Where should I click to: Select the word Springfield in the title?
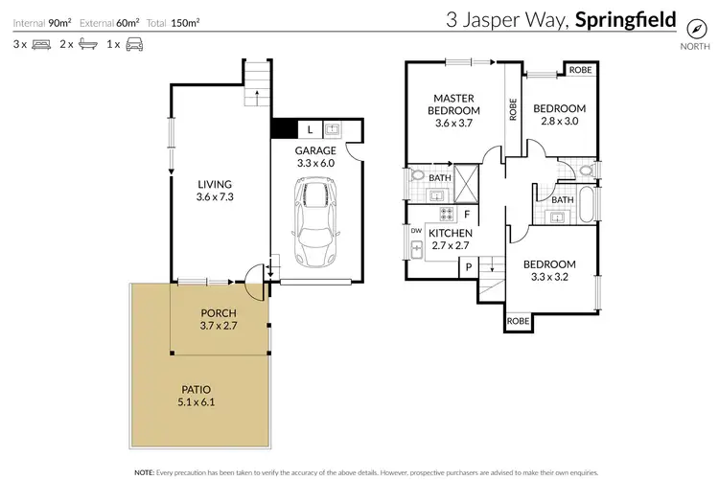[x=626, y=19]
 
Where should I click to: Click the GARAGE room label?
[x=315, y=150]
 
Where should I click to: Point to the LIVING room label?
[x=215, y=185]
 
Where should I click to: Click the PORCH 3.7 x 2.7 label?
[x=219, y=319]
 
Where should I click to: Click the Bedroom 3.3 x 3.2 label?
[x=549, y=271]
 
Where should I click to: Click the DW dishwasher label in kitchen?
[x=415, y=231]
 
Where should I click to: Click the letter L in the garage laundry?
[x=312, y=129]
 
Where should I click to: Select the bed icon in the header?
[x=41, y=44]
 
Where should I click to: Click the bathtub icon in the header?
[x=86, y=44]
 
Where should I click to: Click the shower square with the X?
[x=468, y=180]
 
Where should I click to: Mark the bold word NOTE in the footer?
[x=143, y=472]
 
